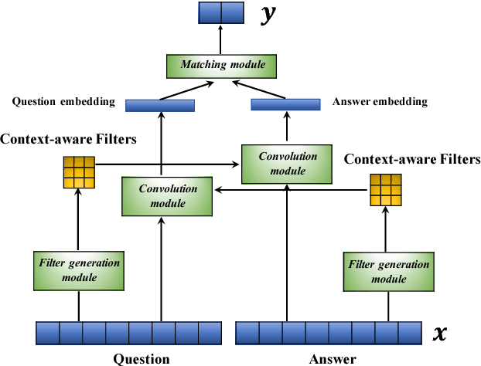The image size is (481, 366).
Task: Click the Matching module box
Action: (x=222, y=65)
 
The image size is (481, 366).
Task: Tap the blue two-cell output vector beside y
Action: (x=221, y=13)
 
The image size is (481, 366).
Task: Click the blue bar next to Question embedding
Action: (x=159, y=106)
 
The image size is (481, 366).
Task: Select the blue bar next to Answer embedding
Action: (x=287, y=104)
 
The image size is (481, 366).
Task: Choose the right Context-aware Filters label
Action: (x=411, y=159)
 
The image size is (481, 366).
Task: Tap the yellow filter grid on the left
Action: (x=78, y=172)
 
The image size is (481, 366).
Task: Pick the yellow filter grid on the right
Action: (x=386, y=189)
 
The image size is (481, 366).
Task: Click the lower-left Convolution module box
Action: (x=168, y=196)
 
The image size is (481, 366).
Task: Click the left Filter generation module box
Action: (x=79, y=269)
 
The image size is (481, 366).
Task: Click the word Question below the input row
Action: (x=142, y=358)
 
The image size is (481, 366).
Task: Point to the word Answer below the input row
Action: (x=333, y=358)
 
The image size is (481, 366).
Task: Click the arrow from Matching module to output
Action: (x=222, y=39)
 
